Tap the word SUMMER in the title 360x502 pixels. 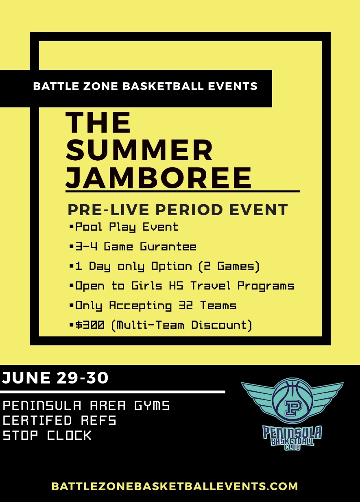pos(140,150)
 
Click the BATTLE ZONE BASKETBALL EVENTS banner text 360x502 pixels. pos(145,86)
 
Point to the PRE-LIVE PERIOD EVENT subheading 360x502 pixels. pos(178,210)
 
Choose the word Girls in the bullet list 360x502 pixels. pos(146,286)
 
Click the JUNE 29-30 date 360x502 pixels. pos(55,378)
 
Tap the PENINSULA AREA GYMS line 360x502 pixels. pos(86,405)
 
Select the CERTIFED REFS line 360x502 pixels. pos(59,420)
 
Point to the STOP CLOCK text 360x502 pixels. pos(47,435)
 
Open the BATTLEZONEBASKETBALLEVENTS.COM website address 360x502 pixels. pos(175,486)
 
